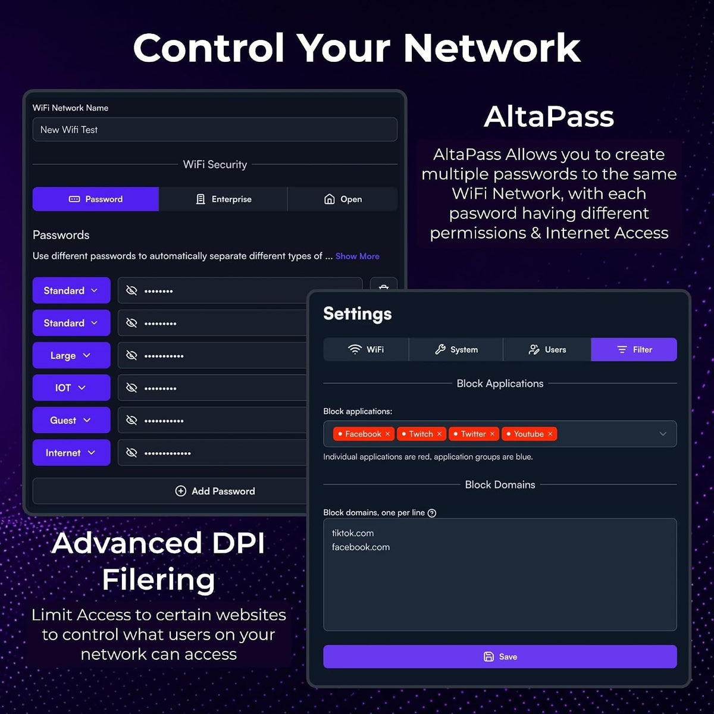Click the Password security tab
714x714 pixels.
pyautogui.click(x=96, y=199)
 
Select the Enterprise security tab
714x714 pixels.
pyautogui.click(x=223, y=199)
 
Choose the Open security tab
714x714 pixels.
pyautogui.click(x=343, y=199)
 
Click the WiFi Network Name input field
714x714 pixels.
pyautogui.click(x=215, y=130)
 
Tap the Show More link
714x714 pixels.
pyautogui.click(x=357, y=256)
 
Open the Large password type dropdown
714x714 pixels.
pyautogui.click(x=71, y=355)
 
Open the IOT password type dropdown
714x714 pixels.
pyautogui.click(x=71, y=387)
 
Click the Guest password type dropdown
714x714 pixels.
pyautogui.click(x=71, y=420)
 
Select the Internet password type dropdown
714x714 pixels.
pyautogui.click(x=71, y=452)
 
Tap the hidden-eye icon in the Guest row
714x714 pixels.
pyautogui.click(x=131, y=420)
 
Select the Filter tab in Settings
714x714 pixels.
pyautogui.click(x=634, y=349)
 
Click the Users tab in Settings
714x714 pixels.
pyautogui.click(x=547, y=349)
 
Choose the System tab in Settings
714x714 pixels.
pyautogui.click(x=456, y=349)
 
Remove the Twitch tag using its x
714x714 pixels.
pyautogui.click(x=440, y=434)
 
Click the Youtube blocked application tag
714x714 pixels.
pyautogui.click(x=529, y=434)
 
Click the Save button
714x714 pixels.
pyautogui.click(x=500, y=656)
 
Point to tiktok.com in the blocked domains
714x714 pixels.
pyautogui.click(x=353, y=533)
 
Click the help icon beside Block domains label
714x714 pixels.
pyautogui.click(x=431, y=513)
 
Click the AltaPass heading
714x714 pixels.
pyautogui.click(x=549, y=117)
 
